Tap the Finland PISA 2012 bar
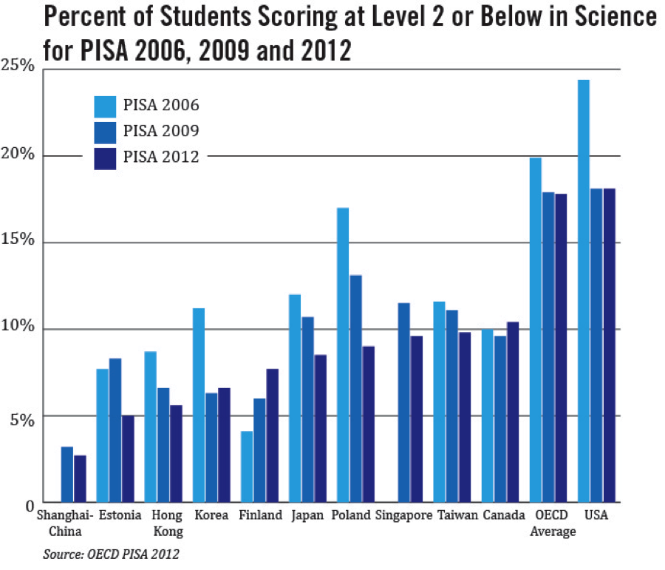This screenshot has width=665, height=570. [272, 435]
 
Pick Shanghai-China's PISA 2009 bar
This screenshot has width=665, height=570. [67, 474]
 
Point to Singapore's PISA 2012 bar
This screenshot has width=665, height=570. [416, 419]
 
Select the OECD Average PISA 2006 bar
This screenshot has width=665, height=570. [536, 330]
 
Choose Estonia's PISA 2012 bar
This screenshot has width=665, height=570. [128, 458]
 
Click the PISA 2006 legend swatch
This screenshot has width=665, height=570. [106, 106]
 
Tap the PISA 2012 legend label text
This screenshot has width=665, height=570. [161, 157]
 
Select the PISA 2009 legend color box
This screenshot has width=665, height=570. [106, 132]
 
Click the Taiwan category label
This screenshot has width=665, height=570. [457, 515]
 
